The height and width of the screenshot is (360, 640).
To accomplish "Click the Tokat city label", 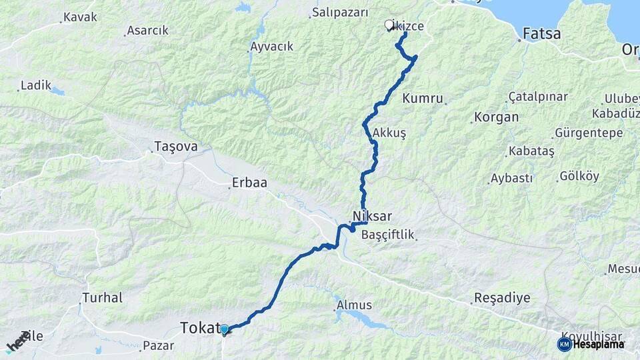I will pyautogui.click(x=199, y=327).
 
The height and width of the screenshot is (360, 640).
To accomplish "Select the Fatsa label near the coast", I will pyautogui.click(x=541, y=33).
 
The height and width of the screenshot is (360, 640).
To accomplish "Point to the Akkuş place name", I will pyautogui.click(x=389, y=133).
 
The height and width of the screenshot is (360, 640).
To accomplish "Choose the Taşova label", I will pyautogui.click(x=175, y=146).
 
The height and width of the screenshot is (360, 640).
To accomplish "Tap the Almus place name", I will pyautogui.click(x=354, y=305).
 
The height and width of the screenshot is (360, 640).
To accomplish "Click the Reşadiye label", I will pyautogui.click(x=501, y=297).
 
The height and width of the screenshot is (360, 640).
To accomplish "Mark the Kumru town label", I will pyautogui.click(x=423, y=99).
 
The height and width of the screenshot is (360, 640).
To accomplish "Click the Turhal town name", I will pyautogui.click(x=103, y=297).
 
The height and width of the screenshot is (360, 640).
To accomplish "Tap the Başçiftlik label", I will pyautogui.click(x=387, y=235).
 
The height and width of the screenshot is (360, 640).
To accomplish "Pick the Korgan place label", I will pyautogui.click(x=495, y=117).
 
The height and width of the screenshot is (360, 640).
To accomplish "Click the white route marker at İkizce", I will pyautogui.click(x=389, y=25).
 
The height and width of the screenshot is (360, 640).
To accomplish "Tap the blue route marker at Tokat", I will pyautogui.click(x=225, y=329).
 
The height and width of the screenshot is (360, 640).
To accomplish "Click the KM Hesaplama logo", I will pyautogui.click(x=591, y=344).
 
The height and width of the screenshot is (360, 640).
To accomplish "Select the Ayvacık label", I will pyautogui.click(x=271, y=47).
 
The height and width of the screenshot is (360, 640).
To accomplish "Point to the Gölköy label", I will pyautogui.click(x=579, y=177).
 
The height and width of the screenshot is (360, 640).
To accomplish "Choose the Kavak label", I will pyautogui.click(x=80, y=17).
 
